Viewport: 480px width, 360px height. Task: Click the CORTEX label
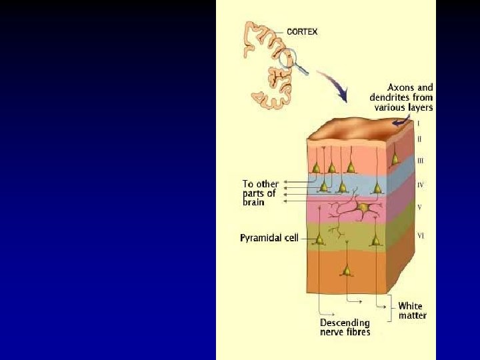[x=302, y=31]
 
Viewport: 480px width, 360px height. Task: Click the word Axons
[x=402, y=87]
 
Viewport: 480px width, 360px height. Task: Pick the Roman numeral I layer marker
[x=419, y=124]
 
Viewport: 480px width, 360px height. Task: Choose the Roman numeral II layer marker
[x=419, y=139]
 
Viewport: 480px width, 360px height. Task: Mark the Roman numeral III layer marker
[x=420, y=161]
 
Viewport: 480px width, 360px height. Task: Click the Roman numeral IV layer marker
[x=421, y=184]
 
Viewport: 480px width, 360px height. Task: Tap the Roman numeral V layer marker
[x=419, y=207]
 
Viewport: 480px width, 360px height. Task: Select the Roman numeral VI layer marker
[x=421, y=235]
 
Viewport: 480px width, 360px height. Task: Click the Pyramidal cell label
[x=269, y=237]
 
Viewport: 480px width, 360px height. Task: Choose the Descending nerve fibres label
[x=345, y=327]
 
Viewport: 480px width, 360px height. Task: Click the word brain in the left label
[x=254, y=202]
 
